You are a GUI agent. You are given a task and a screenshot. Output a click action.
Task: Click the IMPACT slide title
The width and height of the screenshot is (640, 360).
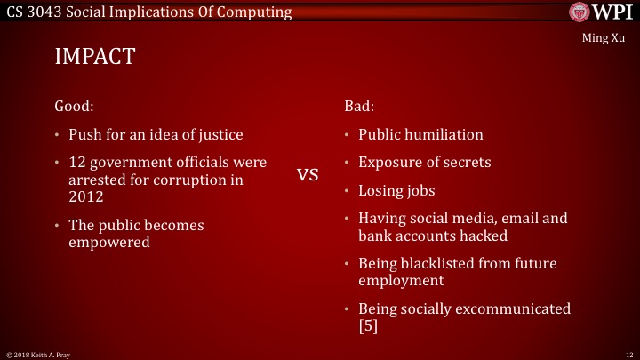coord(94,57)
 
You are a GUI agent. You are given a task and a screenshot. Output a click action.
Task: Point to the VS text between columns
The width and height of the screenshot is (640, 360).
coord(308,175)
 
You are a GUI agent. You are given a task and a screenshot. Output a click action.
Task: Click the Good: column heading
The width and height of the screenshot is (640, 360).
coord(75,105)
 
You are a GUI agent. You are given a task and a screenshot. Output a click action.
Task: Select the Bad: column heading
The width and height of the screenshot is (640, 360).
coord(359,105)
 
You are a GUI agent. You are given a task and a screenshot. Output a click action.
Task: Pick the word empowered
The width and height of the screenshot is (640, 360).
coord(109,242)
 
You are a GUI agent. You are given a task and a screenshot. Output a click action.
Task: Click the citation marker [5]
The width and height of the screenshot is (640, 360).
coord(369,326)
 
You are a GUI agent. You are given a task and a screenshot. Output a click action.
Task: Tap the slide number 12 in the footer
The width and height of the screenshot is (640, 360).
coord(628,354)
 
